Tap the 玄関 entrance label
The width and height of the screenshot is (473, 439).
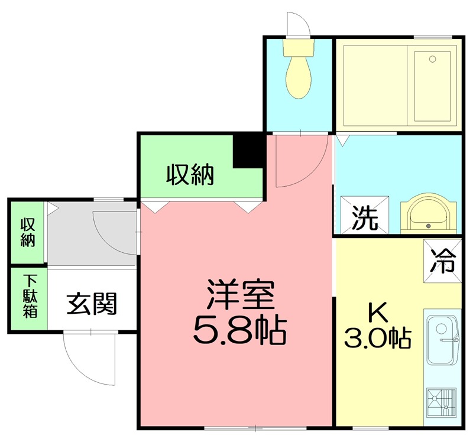[91, 303]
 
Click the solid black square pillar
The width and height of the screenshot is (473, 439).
[248, 151]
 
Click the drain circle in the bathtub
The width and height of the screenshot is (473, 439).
[432, 59]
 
